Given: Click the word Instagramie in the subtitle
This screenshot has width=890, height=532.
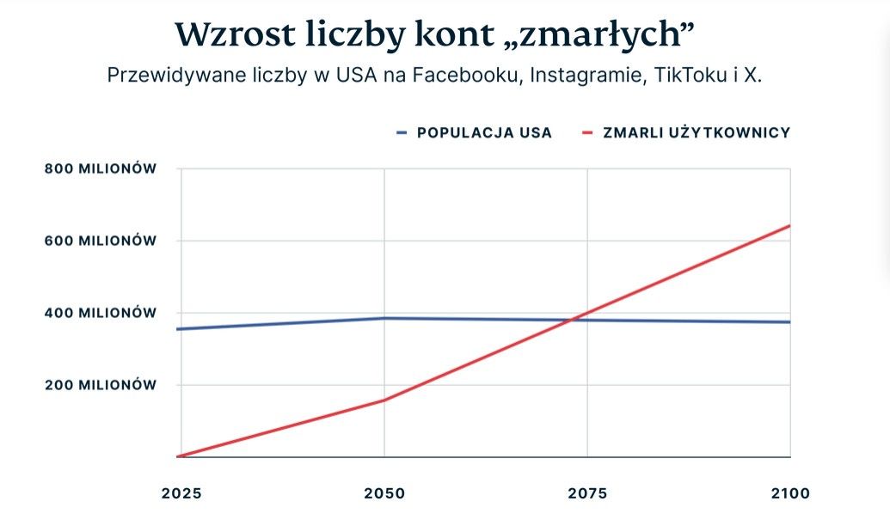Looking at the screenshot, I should pyautogui.click(x=587, y=75).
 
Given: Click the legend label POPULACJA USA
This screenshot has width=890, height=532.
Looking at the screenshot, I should pyautogui.click(x=484, y=132).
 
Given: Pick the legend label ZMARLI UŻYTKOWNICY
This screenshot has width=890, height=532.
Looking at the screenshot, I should pyautogui.click(x=696, y=132).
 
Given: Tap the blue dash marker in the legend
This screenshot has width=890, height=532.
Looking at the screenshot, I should pyautogui.click(x=402, y=132).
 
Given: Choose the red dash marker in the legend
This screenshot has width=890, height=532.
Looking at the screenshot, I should pyautogui.click(x=588, y=132).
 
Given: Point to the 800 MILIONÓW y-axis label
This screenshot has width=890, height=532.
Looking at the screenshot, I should pyautogui.click(x=101, y=168).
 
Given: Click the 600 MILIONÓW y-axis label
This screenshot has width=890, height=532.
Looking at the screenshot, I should pyautogui.click(x=101, y=241).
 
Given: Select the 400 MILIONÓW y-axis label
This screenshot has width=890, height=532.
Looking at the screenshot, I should pyautogui.click(x=101, y=313).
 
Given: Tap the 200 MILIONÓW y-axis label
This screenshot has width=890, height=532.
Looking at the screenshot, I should pyautogui.click(x=101, y=385).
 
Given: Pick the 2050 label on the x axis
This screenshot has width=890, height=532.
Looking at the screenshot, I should pyautogui.click(x=384, y=493).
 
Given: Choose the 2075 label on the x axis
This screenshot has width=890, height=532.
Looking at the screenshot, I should pyautogui.click(x=587, y=493).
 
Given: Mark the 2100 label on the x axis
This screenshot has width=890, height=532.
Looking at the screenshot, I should pyautogui.click(x=790, y=493).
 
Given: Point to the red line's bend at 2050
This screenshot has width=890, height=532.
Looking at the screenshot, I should pyautogui.click(x=384, y=400).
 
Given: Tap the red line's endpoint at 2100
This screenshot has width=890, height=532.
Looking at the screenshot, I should pyautogui.click(x=789, y=226).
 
